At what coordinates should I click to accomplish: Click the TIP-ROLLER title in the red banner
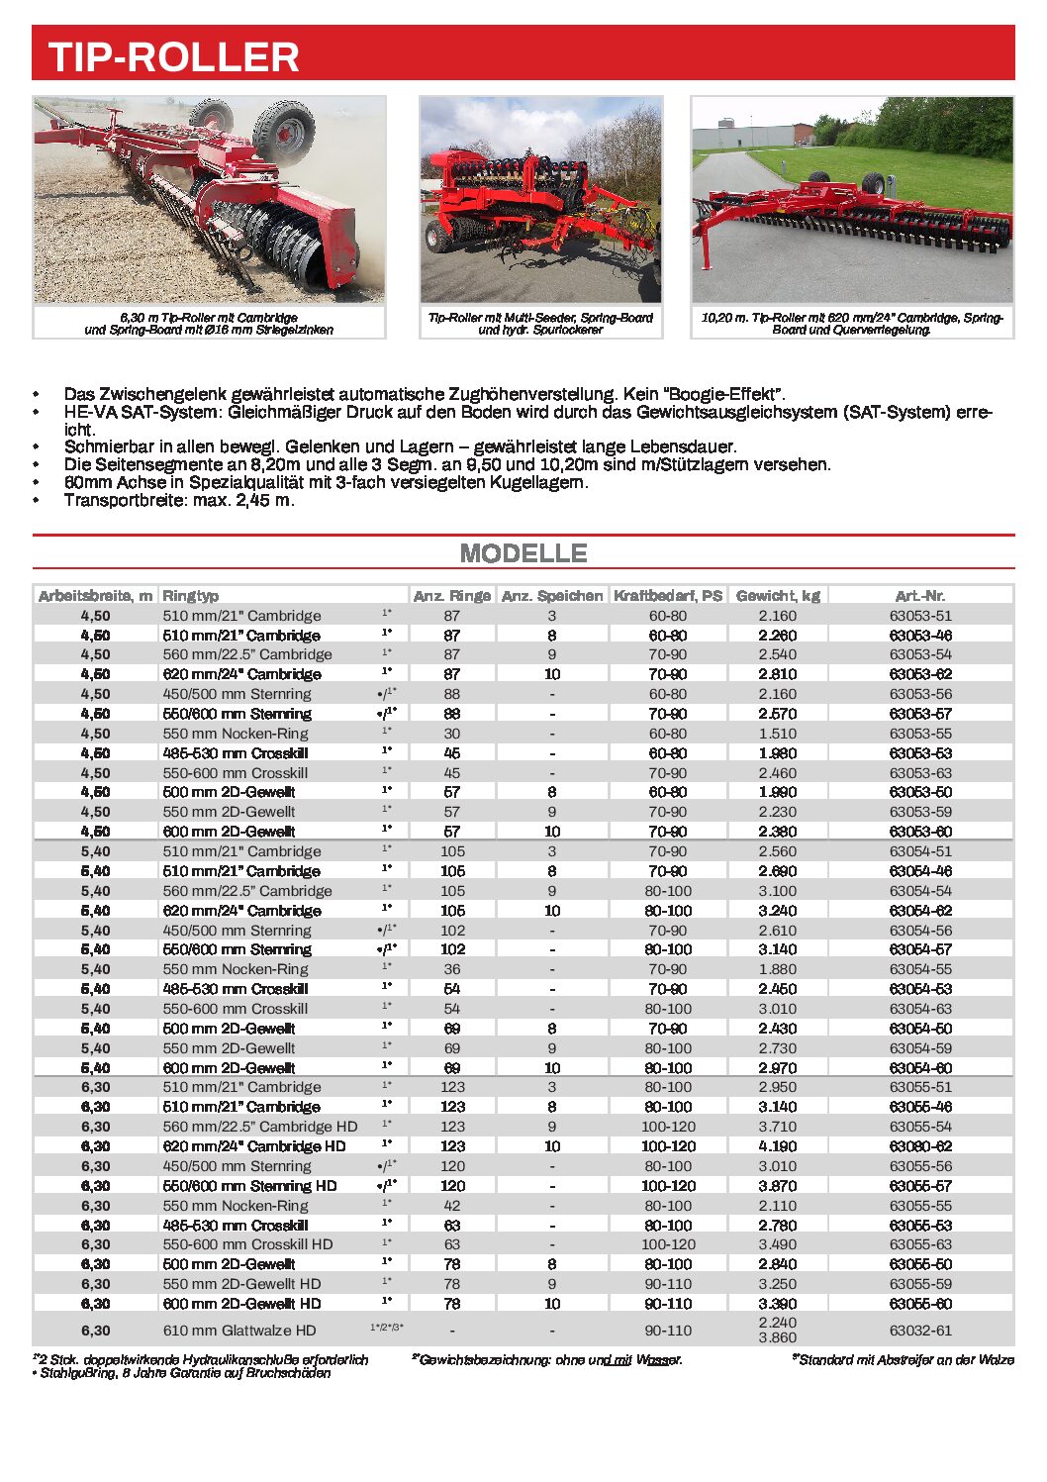pos(173,57)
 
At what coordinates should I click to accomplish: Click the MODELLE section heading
pos(523,553)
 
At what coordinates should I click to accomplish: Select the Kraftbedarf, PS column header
pos(668,596)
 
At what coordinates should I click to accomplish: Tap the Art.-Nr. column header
pos(919,596)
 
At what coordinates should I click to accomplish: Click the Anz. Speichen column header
pos(551,596)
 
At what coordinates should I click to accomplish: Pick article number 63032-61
pos(919,1331)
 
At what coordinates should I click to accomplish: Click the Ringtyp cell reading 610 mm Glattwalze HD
pos(239,1331)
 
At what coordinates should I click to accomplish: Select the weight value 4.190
pos(777,1146)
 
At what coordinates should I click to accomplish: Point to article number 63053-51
pos(919,616)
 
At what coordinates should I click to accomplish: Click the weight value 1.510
pos(777,734)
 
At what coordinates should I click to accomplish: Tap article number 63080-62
pos(919,1146)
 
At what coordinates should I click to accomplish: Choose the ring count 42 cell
pos(452,1206)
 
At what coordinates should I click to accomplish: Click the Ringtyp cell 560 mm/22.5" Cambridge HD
pos(260,1127)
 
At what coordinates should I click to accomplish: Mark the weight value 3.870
pos(777,1186)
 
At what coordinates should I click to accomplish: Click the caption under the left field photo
pos(209,324)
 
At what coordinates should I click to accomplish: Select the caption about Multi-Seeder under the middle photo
pos(540,324)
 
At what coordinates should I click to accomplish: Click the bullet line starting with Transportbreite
pos(179,500)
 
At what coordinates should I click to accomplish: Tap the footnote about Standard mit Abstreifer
pos(903,1360)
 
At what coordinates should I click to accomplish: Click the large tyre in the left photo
pos(284,132)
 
